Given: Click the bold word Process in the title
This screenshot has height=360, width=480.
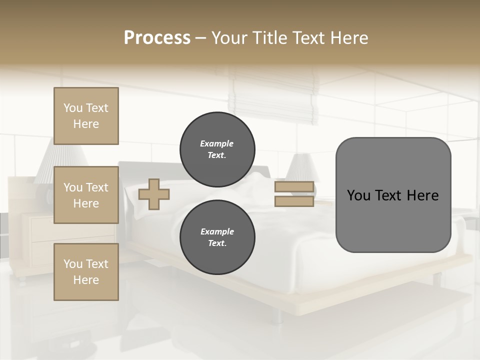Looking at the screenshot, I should [157, 38].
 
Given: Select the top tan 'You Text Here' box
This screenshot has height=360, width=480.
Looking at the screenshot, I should [86, 116].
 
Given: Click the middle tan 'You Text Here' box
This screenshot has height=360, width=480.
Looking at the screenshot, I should [86, 195].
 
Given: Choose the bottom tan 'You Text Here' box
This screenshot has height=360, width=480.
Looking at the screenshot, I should [86, 272].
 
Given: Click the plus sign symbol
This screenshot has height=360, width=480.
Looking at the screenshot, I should [154, 194].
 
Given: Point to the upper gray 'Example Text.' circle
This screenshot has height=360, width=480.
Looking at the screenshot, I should [217, 149].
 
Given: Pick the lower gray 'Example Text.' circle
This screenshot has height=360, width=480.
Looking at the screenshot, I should [217, 237].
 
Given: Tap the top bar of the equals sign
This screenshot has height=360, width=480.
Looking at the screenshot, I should [294, 187].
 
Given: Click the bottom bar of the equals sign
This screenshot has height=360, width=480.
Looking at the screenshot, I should [294, 201].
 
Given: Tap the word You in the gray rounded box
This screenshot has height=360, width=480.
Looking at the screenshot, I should [358, 195].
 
